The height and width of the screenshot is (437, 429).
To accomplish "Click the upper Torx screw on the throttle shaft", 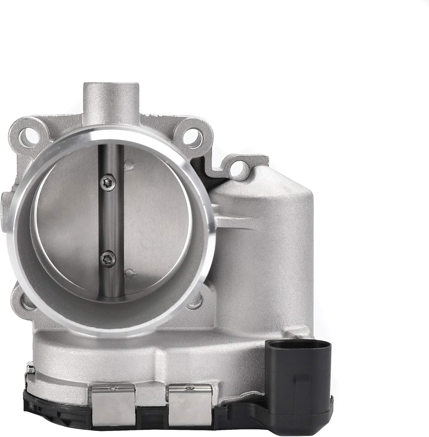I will coord(106,183).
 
